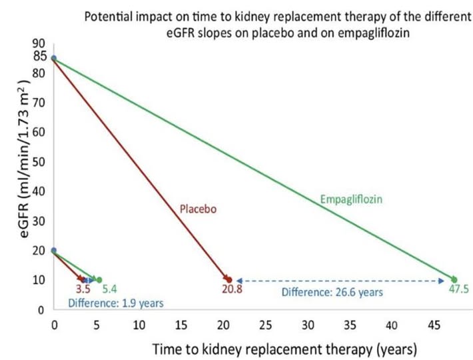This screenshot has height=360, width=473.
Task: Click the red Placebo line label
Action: click(x=199, y=209)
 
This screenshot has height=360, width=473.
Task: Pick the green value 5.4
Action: click(x=105, y=291)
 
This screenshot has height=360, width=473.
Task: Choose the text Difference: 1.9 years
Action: click(x=116, y=303)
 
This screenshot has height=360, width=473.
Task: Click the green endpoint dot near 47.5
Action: click(x=454, y=279)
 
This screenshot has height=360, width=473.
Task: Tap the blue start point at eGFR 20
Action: click(x=54, y=251)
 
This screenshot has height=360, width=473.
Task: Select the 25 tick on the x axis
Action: click(x=266, y=327)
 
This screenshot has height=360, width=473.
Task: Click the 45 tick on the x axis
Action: click(x=435, y=327)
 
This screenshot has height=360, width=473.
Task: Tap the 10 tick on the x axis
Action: click(x=139, y=327)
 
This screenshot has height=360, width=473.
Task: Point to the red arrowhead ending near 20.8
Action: click(x=228, y=279)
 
